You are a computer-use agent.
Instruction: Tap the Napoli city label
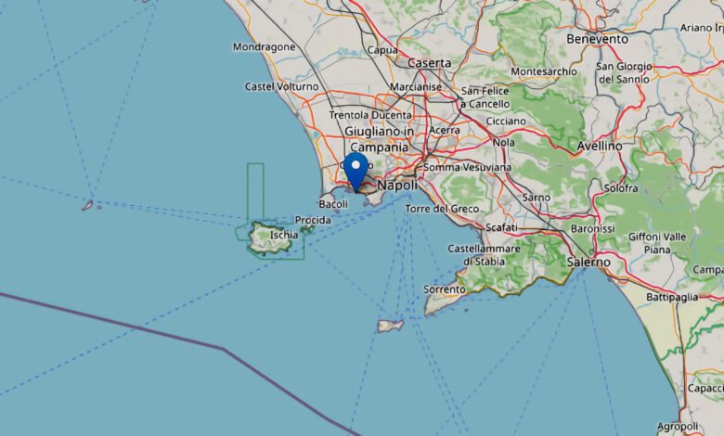pyautogui.click(x=398, y=186)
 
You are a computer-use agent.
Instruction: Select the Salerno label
pyautogui.click(x=588, y=263)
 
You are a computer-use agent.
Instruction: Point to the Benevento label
pyautogui.click(x=597, y=39)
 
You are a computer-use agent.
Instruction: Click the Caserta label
pyautogui.click(x=429, y=63)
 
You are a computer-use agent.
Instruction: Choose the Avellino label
pyautogui.click(x=599, y=146)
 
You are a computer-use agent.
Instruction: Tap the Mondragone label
pyautogui.click(x=265, y=47)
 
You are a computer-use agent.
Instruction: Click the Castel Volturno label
pyautogui.click(x=281, y=86)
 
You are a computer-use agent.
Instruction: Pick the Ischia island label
pyautogui.click(x=284, y=235)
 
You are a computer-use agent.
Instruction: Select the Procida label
pyautogui.click(x=312, y=220)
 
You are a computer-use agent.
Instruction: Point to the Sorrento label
pyautogui.click(x=445, y=289)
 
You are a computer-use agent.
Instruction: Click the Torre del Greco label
pyautogui.click(x=442, y=209)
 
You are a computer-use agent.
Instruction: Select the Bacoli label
pyautogui.click(x=332, y=203)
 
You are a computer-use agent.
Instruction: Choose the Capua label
pyautogui.click(x=382, y=50)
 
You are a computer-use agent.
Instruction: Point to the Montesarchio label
pyautogui.click(x=543, y=71)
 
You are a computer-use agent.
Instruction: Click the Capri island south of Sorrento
pyautogui.click(x=390, y=326)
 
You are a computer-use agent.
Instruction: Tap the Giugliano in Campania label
pyautogui.click(x=379, y=139)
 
